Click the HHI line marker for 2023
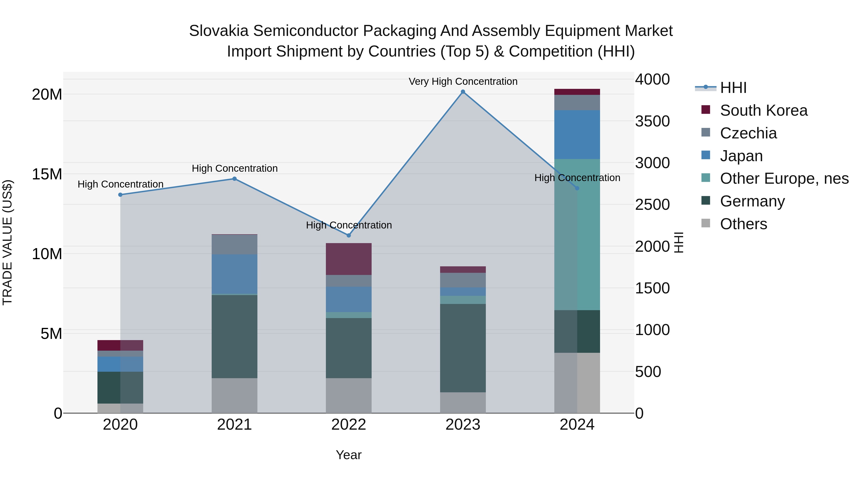pos(463,92)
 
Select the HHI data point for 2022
pos(349,235)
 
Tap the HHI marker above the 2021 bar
pos(235,179)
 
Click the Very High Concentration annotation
pos(463,81)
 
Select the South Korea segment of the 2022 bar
pos(349,259)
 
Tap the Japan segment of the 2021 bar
pos(235,274)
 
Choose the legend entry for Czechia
pos(748,133)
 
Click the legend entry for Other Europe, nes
pos(784,178)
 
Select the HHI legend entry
pos(733,88)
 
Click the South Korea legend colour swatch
pos(705,110)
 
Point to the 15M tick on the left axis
pos(47,174)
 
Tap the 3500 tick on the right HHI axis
pos(652,121)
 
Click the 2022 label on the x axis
pos(349,425)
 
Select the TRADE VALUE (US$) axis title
pos(7,242)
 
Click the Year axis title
pos(349,455)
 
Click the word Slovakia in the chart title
pos(219,31)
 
